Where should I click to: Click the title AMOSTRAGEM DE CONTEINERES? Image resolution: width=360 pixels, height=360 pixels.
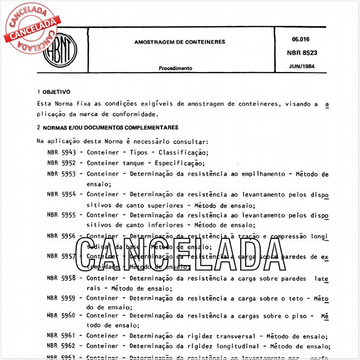tap(180, 42)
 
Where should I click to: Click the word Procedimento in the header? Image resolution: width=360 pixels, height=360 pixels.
tap(175, 68)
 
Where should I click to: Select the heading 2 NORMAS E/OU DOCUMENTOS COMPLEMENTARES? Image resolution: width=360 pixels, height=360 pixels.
tap(107, 128)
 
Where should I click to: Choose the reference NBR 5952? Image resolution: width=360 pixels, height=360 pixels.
tap(61, 163)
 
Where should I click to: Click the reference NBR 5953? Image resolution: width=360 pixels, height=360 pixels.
tap(61, 174)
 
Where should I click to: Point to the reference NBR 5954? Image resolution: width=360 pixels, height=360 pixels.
tap(61, 195)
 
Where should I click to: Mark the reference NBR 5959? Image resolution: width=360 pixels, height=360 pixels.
tap(61, 298)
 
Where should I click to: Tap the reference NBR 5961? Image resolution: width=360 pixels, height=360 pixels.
tap(61, 336)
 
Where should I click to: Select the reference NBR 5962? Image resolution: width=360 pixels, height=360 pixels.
tap(61, 347)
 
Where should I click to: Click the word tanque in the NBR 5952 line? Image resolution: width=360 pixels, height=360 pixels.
tap(133, 163)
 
